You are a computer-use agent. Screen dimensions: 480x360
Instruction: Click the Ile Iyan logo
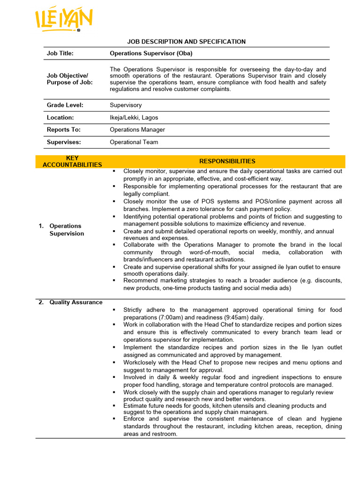64,21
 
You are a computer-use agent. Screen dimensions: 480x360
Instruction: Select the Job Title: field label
60,53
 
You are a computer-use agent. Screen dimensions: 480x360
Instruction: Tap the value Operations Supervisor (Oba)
151,53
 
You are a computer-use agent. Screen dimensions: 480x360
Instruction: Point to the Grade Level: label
65,105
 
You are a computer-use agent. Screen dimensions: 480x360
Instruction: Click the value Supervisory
126,105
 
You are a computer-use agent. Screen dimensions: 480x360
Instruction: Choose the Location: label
60,118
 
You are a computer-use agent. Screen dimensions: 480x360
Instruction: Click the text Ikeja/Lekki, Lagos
134,118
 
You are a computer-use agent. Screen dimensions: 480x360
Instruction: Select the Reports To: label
64,130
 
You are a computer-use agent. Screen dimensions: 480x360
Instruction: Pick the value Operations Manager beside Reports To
137,130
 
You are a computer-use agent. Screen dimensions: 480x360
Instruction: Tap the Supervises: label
64,142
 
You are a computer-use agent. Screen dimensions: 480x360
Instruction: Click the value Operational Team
134,142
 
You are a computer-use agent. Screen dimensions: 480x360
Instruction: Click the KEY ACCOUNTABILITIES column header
72,162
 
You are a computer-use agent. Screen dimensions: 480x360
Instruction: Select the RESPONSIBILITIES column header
227,161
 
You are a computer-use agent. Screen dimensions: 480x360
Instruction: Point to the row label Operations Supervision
66,230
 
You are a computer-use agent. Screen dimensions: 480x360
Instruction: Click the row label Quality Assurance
75,302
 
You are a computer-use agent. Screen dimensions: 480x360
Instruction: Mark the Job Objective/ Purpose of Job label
69,79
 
